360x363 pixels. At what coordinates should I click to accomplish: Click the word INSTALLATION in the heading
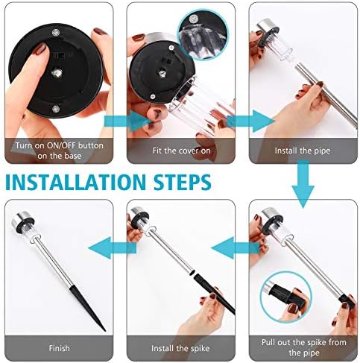tap(75, 182)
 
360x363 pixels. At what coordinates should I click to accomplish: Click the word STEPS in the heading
tap(183, 182)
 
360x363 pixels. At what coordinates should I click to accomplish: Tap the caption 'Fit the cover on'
tap(181, 151)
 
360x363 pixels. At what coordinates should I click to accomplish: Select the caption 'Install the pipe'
tap(303, 151)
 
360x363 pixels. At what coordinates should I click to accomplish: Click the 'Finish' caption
tap(59, 348)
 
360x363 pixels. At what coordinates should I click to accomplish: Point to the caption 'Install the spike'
tap(180, 348)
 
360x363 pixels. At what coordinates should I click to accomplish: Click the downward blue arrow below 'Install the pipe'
tap(303, 184)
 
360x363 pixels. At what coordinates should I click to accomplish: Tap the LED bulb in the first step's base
tap(57, 73)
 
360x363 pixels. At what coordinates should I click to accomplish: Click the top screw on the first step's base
tap(55, 32)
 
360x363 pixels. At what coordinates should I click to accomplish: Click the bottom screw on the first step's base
tap(56, 108)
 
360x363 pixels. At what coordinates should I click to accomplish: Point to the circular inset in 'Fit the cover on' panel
tap(203, 34)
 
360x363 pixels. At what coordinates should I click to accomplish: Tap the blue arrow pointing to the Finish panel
tap(113, 247)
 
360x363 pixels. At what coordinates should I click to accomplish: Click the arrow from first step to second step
tap(127, 121)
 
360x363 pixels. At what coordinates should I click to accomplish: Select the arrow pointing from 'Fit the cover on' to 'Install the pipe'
tap(251, 121)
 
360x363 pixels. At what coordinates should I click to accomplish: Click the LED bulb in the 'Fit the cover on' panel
tap(162, 74)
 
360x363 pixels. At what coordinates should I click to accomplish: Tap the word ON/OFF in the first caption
tap(61, 145)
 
